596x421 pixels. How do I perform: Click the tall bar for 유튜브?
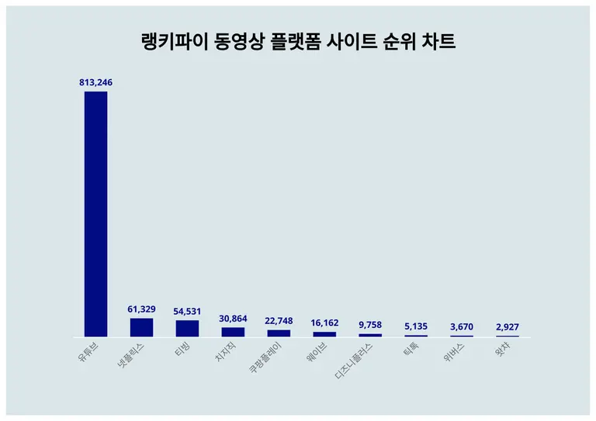[x=95, y=214]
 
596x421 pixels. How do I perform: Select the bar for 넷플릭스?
[x=141, y=327]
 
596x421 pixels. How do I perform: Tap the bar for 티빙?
[x=187, y=328]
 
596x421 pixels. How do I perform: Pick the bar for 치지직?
[x=233, y=332]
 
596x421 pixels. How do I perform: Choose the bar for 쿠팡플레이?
[x=279, y=333]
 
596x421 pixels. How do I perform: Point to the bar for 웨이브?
[x=324, y=334]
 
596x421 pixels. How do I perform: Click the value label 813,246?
[x=95, y=81]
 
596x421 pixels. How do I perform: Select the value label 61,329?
[x=141, y=309]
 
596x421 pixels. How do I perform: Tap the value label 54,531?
[x=187, y=311]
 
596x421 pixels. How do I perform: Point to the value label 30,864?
[x=233, y=318]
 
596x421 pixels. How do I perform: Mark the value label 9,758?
[x=370, y=325]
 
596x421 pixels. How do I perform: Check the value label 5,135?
[x=416, y=326]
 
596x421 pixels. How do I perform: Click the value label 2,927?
[x=508, y=326]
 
